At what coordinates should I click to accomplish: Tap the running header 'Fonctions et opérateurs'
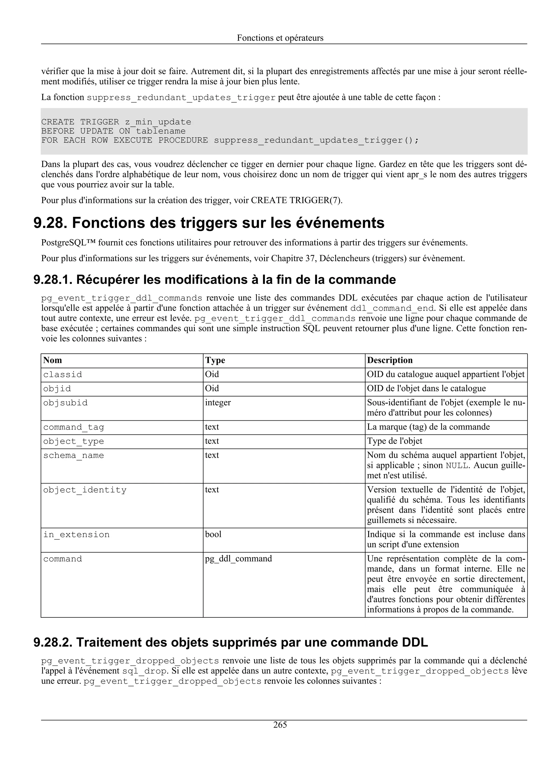coord(280,38)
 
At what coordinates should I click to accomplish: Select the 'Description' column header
coord(389,360)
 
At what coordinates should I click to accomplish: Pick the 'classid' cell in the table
coord(63,374)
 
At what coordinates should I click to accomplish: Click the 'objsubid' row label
coord(65,403)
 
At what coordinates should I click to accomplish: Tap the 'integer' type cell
coord(218,403)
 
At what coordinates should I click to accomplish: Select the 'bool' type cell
coord(213,534)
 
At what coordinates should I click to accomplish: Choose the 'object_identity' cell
coord(85,490)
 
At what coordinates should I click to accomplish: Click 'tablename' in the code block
coord(161,131)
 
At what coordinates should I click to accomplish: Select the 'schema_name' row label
coord(74,456)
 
